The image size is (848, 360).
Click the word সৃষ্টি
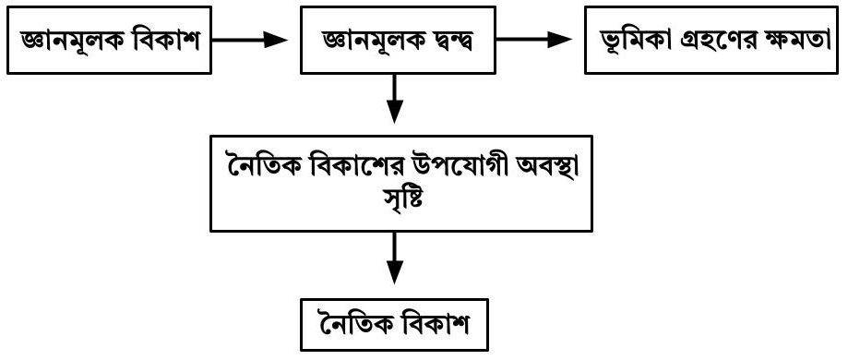pyautogui.click(x=401, y=199)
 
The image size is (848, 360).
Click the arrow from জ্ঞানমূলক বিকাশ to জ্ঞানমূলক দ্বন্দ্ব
pyautogui.click(x=249, y=40)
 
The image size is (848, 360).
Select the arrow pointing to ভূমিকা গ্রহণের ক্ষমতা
pyautogui.click(x=534, y=40)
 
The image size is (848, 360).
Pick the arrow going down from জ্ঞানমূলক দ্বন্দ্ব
pyautogui.click(x=395, y=99)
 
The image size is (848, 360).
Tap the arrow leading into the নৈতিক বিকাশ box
pyautogui.click(x=395, y=258)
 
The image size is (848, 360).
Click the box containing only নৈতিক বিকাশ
pyautogui.click(x=395, y=325)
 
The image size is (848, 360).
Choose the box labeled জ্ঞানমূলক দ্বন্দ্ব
pyautogui.click(x=398, y=40)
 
